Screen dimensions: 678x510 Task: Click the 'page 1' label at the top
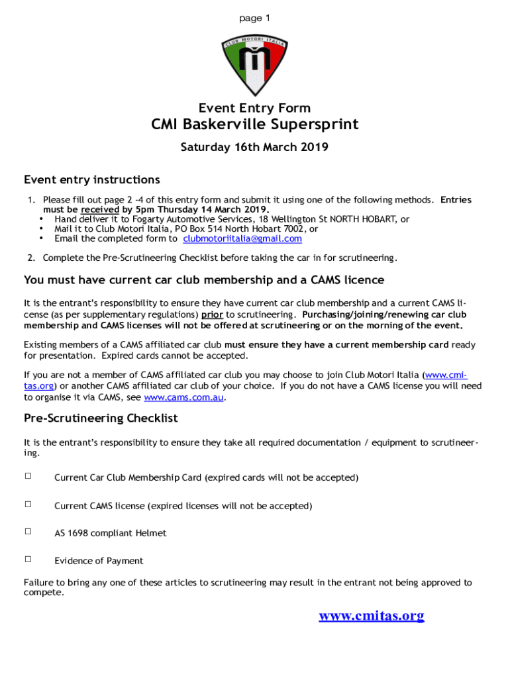(x=254, y=19)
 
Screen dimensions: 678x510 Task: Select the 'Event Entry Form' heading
(x=254, y=108)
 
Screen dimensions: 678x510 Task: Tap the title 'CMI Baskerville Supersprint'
(x=254, y=124)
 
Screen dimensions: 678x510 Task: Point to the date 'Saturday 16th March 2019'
(x=254, y=147)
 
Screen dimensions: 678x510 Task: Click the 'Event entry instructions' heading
(x=92, y=179)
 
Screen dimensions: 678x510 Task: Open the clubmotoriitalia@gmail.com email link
(x=242, y=238)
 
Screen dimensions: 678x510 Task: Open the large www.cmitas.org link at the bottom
(x=371, y=616)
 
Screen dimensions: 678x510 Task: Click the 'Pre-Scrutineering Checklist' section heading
(x=101, y=418)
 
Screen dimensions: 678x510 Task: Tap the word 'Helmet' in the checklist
(x=151, y=533)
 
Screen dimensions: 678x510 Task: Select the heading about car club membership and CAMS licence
(x=204, y=279)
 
